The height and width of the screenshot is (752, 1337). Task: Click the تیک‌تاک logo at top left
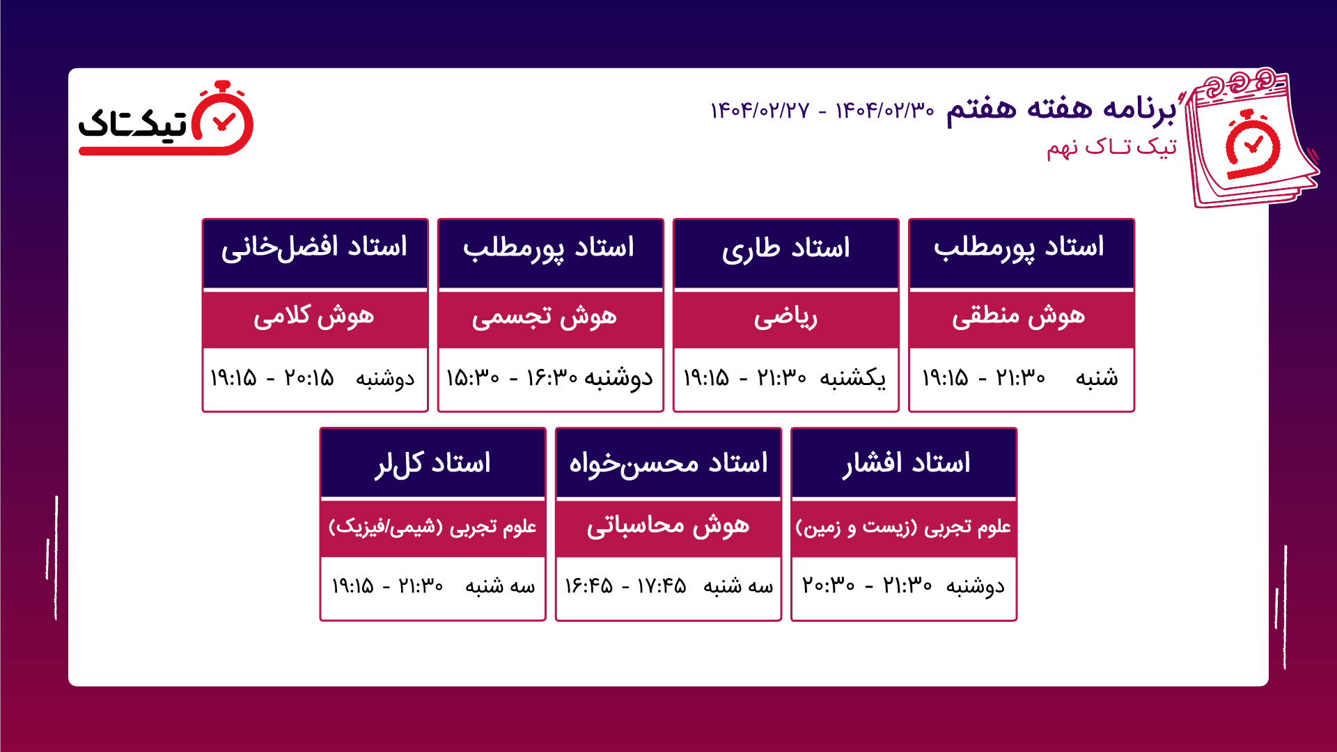[x=166, y=118]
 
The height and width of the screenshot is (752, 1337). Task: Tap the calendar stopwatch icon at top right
[x=1251, y=137]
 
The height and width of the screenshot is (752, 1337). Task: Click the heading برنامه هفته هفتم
[x=1061, y=109]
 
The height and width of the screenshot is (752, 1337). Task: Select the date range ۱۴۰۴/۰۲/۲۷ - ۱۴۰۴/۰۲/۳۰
[x=822, y=110]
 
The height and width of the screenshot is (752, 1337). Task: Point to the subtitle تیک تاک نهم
[x=1111, y=147]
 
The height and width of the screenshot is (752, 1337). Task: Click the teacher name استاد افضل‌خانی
[x=314, y=247]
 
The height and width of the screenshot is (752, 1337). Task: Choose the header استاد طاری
[x=785, y=249]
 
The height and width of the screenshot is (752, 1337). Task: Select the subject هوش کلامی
[x=314, y=317]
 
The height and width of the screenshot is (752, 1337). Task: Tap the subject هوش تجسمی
[x=545, y=317]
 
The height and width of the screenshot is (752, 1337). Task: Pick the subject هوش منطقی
[x=1019, y=316]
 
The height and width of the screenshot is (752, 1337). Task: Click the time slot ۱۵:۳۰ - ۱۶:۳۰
[x=512, y=378]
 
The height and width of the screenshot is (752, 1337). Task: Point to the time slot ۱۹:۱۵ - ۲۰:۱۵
[x=272, y=378]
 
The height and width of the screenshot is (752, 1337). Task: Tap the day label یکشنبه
[x=853, y=378]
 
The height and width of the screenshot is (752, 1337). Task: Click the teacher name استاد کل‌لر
[x=432, y=464]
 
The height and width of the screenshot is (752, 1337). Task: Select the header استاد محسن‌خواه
[x=668, y=464]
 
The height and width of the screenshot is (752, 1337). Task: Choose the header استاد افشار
[x=906, y=463]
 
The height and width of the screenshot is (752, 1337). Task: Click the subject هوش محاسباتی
[x=668, y=526]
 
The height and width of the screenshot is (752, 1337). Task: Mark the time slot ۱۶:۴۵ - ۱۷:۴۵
[x=625, y=586]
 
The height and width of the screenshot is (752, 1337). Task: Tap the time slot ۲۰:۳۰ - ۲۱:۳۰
[x=867, y=586]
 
